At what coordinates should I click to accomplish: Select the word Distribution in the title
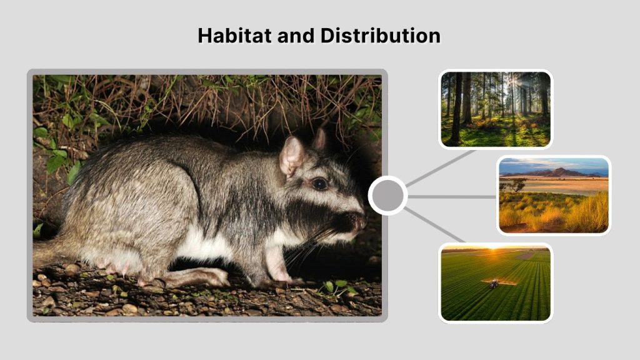(381, 36)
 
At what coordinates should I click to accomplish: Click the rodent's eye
(319, 183)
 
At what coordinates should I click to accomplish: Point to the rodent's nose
(361, 221)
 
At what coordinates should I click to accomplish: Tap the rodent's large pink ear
(291, 157)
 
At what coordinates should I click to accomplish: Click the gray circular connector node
(388, 196)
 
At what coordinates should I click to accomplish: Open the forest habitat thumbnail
(496, 109)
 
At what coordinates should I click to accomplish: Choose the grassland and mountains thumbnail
(554, 195)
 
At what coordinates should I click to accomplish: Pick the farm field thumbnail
(496, 282)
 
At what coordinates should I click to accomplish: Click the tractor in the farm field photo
(493, 284)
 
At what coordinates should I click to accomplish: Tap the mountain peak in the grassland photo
(559, 170)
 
